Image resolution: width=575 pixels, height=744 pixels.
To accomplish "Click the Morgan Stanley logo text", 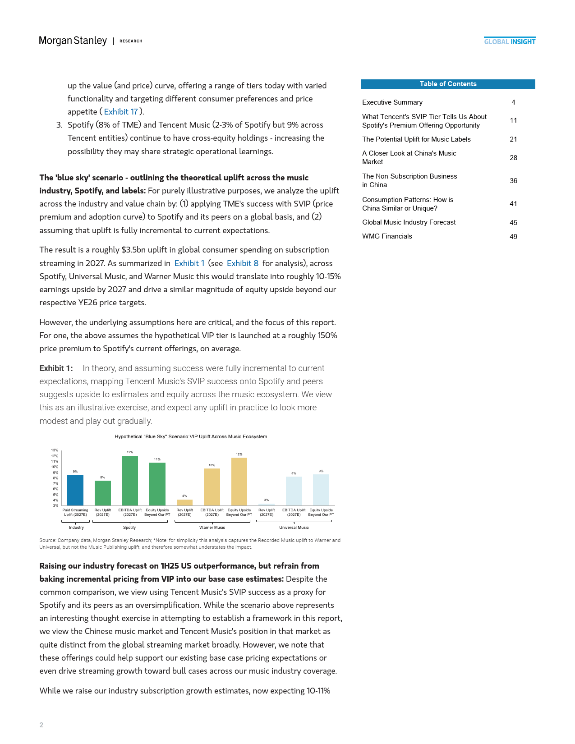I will (73, 41).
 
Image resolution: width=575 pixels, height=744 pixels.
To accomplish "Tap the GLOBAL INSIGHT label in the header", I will (510, 42).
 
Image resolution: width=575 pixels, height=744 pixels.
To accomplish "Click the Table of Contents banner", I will (448, 84).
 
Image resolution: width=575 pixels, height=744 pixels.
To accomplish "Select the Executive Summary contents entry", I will (392, 102).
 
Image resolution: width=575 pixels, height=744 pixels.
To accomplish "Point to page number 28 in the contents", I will (513, 158).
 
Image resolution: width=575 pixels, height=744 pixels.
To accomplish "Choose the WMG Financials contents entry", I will (387, 236).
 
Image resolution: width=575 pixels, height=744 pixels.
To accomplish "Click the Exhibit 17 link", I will (121, 112).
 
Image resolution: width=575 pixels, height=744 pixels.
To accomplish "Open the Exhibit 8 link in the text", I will (243, 263).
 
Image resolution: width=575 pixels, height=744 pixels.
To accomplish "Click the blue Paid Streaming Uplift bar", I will (75, 490).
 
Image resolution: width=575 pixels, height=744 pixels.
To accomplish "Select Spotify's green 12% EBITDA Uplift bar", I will (130, 481).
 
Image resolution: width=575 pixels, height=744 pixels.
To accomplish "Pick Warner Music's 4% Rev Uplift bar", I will (184, 502).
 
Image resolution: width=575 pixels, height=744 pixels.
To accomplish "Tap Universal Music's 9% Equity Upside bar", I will (321, 490).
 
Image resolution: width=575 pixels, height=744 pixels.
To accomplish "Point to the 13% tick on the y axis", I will (55, 450).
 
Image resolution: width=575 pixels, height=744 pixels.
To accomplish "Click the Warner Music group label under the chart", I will (212, 528).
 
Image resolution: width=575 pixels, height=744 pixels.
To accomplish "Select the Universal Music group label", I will (294, 528).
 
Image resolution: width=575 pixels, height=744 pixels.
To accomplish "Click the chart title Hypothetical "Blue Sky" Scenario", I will (191, 436).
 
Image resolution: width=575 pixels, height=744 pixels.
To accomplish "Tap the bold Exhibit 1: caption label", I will (56, 368).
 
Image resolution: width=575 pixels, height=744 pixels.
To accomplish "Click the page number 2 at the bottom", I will (41, 725).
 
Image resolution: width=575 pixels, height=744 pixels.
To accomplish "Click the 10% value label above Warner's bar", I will (212, 465).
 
